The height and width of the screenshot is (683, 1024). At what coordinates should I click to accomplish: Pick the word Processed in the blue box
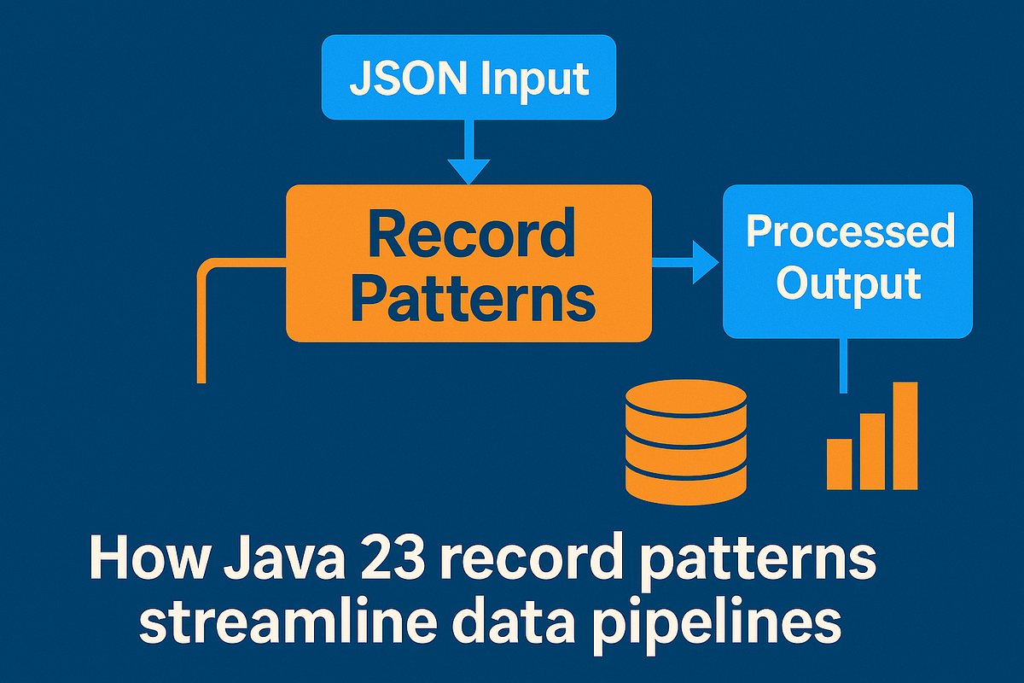[849, 231]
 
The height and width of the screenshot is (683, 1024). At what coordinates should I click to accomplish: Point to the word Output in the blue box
[848, 283]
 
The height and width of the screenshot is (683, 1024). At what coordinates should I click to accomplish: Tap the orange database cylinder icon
[685, 439]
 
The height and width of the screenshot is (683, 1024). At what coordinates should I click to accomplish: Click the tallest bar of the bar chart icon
[905, 435]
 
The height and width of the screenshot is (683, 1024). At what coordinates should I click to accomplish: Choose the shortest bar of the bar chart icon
[840, 464]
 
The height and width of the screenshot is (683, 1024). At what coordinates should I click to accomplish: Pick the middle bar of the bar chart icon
[872, 451]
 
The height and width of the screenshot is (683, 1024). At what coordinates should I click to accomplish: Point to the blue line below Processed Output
[843, 365]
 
